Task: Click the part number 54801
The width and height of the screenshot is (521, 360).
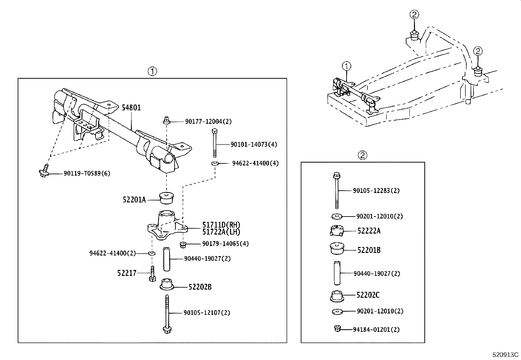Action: [131, 107]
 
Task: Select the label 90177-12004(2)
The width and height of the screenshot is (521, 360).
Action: [208, 122]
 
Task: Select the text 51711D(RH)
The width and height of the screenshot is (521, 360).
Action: [221, 225]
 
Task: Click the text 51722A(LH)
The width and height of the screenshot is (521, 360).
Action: [221, 232]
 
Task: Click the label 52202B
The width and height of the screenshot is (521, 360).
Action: [200, 287]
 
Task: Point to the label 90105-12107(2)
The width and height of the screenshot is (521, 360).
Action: [207, 313]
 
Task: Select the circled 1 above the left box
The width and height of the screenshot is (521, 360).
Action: [152, 71]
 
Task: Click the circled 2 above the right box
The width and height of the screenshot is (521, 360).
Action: [363, 155]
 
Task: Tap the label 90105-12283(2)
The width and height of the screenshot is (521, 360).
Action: [376, 191]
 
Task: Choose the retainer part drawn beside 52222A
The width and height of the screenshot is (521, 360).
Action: [337, 231]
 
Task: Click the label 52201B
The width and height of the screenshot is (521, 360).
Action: [368, 250]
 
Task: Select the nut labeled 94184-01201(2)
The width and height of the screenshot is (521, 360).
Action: [337, 329]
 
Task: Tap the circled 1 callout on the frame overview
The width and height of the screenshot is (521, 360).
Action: [347, 66]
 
